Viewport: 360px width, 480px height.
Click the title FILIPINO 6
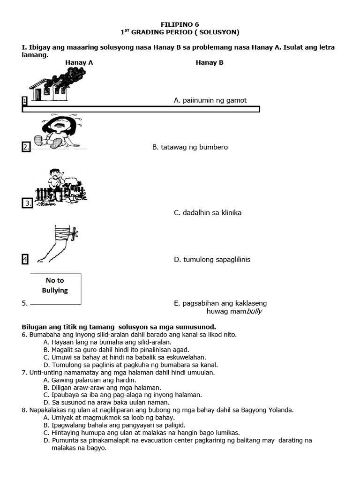click(x=180, y=24)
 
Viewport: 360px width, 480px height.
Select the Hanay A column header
click(x=79, y=62)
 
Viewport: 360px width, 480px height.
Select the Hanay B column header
click(x=210, y=62)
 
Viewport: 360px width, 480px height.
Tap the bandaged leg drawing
click(x=58, y=242)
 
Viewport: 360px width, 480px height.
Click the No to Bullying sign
click(x=55, y=288)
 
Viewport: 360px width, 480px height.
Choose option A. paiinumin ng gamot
click(x=210, y=100)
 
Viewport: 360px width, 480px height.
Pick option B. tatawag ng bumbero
click(x=190, y=147)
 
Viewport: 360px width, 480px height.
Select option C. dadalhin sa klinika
click(x=207, y=212)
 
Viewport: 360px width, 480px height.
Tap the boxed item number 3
click(x=27, y=203)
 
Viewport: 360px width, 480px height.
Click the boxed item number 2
click(x=26, y=147)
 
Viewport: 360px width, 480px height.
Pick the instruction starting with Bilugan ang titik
click(x=119, y=326)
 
